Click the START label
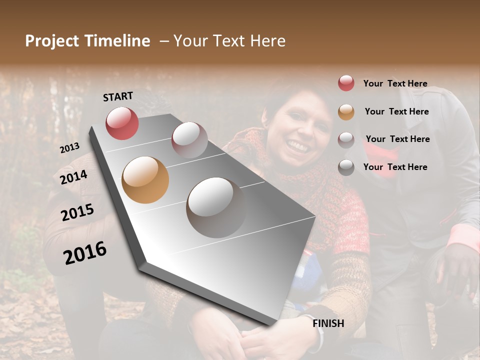(118, 96)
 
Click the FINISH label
(328, 323)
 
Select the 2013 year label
(69, 148)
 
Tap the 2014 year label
(73, 177)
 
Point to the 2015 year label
(77, 213)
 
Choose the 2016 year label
(85, 253)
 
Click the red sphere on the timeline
(122, 123)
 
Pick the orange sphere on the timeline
(145, 180)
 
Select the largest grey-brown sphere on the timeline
(216, 207)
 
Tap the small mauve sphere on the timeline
(189, 139)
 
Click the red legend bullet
(346, 83)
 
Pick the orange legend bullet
(346, 112)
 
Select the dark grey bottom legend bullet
(346, 167)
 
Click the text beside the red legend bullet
(395, 83)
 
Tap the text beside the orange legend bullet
(396, 111)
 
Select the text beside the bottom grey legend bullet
(395, 167)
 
